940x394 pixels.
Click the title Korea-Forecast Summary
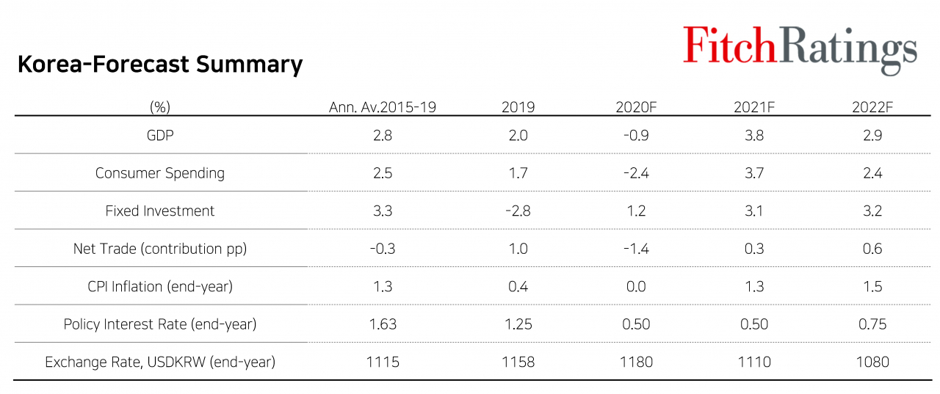click(x=160, y=64)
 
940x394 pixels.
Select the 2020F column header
click(x=636, y=107)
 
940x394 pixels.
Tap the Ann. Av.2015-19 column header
click(x=383, y=107)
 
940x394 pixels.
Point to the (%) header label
click(x=160, y=107)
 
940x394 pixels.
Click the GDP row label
click(x=160, y=136)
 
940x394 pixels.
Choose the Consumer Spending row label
click(x=160, y=173)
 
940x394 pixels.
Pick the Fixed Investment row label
click(x=160, y=211)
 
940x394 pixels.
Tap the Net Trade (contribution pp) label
click(x=160, y=249)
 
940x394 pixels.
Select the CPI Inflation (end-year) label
click(x=160, y=286)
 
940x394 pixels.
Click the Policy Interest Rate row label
click(x=160, y=324)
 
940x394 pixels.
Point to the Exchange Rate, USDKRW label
click(x=160, y=362)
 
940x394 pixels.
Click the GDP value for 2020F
click(x=636, y=136)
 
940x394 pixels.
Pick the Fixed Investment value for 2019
click(x=518, y=211)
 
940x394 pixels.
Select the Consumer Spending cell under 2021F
click(x=754, y=173)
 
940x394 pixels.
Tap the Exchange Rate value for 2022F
click(x=872, y=362)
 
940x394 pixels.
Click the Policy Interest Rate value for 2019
click(x=518, y=324)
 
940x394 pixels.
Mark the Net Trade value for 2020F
click(x=636, y=249)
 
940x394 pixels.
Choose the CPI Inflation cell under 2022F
click(x=872, y=286)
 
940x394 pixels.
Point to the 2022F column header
click(x=872, y=107)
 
